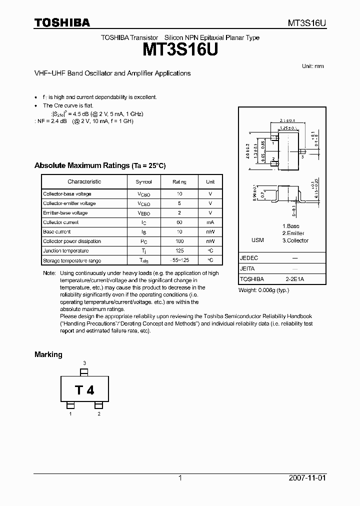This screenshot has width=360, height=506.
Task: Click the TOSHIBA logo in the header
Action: [x=62, y=22]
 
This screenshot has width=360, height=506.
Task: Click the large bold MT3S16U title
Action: [x=180, y=50]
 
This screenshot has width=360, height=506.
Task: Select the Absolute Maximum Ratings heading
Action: [x=99, y=165]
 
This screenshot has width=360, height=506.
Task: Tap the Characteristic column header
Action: [x=84, y=182]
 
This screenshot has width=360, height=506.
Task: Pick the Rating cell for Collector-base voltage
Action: [x=179, y=194]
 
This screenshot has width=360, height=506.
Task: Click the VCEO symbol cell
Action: [x=143, y=203]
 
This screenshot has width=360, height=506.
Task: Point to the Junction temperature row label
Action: [x=66, y=251]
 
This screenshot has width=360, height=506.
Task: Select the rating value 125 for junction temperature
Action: [x=179, y=251]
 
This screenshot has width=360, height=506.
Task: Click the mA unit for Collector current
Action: [x=210, y=222]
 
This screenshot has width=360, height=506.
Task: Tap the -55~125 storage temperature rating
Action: [x=179, y=260]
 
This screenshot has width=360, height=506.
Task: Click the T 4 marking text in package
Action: [x=84, y=390]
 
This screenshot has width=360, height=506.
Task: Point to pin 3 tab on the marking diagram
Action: [x=84, y=372]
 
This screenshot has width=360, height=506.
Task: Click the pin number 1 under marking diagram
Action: [x=70, y=414]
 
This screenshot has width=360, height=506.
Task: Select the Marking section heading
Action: [x=48, y=354]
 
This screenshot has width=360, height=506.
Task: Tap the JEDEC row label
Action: [x=249, y=258]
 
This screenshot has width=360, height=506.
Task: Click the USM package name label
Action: [x=257, y=240]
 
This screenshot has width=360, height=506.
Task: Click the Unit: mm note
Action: [x=313, y=66]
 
